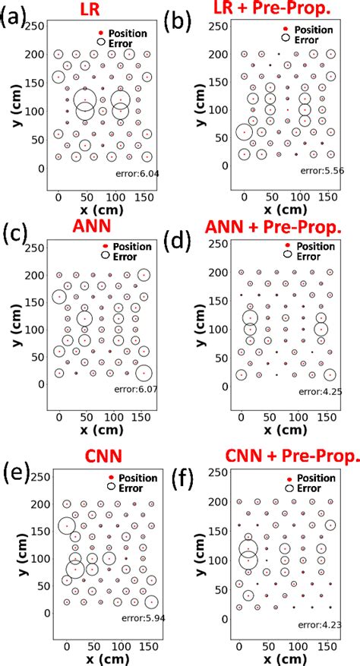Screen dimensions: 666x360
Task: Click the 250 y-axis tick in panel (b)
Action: [219, 25]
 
